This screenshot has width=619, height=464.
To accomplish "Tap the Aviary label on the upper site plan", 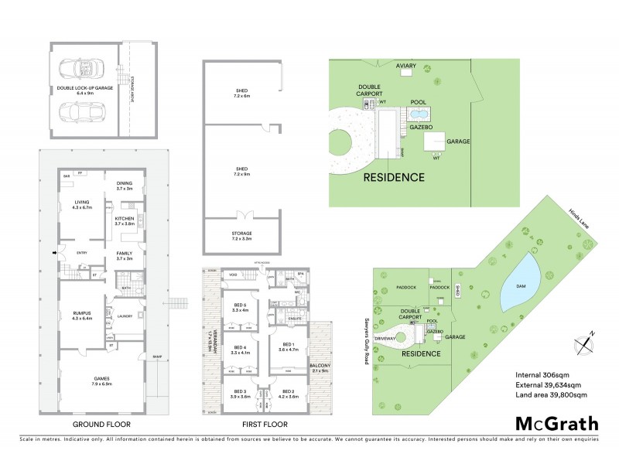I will tap(406, 67).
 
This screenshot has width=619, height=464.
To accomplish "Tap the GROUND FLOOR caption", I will tap(101, 425).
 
